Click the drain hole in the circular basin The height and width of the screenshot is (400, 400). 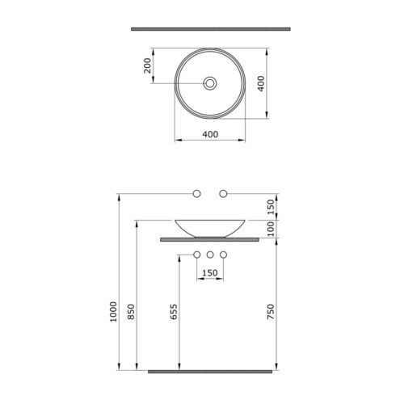point(210,83)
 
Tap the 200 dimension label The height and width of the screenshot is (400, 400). point(147,65)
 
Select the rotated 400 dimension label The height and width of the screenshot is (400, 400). point(261,83)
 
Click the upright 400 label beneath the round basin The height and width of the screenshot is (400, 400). point(210,134)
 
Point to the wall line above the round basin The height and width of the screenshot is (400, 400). point(211,29)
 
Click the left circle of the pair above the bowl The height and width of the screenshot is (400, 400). point(197,193)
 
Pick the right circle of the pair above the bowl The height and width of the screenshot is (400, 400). point(223,193)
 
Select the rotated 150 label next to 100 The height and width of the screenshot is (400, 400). point(270,207)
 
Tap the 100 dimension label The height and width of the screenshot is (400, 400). point(270,229)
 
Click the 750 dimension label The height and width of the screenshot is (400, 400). point(270,312)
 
